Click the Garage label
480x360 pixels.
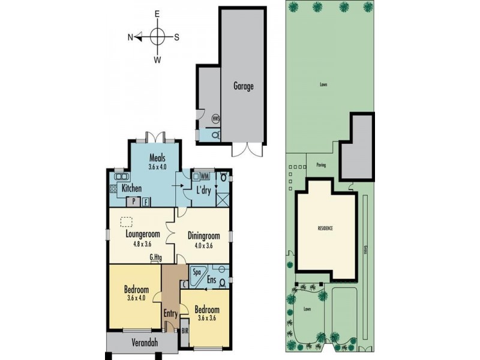244,86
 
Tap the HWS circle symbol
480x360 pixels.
217,119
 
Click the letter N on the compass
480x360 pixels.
130,37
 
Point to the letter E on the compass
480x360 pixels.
157,13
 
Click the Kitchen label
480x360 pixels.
131,188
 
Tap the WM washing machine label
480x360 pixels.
205,176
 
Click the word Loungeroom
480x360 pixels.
142,235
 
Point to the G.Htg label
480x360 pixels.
156,259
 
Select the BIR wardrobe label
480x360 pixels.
185,331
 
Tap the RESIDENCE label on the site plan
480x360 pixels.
325,229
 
